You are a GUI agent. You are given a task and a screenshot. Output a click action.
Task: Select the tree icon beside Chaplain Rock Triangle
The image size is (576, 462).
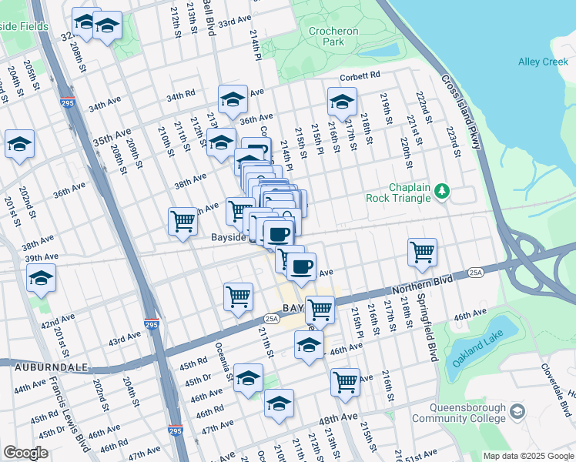(x=442, y=189)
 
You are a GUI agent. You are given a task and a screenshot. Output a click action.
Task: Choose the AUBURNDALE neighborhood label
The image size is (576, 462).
(x=43, y=368)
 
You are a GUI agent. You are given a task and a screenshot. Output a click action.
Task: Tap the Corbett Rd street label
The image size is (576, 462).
(x=360, y=75)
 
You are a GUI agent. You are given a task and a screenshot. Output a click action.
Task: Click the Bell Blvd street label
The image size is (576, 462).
(x=208, y=17)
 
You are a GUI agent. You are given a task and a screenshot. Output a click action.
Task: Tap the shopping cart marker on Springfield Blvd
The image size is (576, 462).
(x=422, y=252)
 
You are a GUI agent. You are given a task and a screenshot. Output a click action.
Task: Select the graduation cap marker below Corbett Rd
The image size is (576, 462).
(x=342, y=101)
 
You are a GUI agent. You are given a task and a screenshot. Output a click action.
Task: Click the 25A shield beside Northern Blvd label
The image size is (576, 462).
(x=476, y=272)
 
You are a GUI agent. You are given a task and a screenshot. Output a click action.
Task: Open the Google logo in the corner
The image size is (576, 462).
(x=25, y=453)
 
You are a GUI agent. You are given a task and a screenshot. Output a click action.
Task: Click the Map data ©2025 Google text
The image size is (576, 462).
(x=528, y=456)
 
